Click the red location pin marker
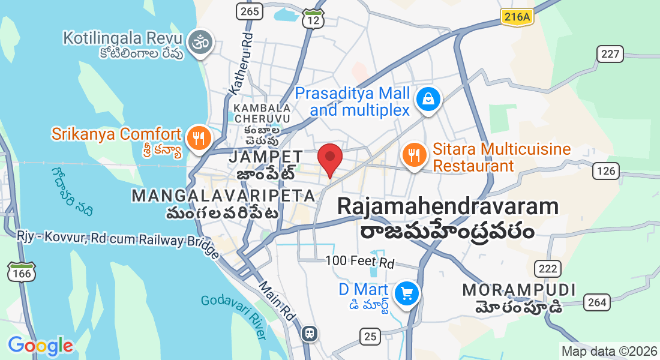point(329,159)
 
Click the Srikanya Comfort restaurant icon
point(197,137)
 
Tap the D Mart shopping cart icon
point(407,293)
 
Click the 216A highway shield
point(517,17)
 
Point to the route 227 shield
point(610,54)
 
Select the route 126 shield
point(607,172)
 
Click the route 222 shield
point(548,268)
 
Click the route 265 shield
point(248,11)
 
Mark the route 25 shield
point(370,336)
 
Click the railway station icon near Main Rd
point(310,332)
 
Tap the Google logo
point(40,346)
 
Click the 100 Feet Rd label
point(359,262)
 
